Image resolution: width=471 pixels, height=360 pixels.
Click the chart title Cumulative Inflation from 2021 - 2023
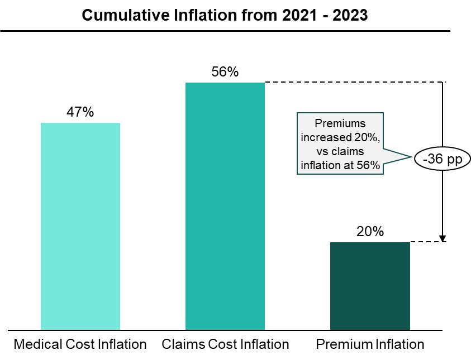[225, 15]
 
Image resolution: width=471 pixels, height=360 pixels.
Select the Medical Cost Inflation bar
[80, 226]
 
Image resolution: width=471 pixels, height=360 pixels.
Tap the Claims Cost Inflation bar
[225, 207]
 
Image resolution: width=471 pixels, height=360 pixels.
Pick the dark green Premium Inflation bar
[370, 286]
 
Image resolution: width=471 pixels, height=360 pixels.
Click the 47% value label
[80, 112]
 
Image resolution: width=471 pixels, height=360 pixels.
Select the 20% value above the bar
[370, 231]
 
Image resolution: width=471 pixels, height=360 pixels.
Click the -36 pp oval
[443, 160]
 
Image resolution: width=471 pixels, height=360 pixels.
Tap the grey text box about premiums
[340, 144]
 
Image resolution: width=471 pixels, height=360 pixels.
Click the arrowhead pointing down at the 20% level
[443, 237]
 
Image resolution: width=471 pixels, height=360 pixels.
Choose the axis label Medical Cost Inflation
[80, 344]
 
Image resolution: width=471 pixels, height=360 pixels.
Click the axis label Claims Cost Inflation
[225, 344]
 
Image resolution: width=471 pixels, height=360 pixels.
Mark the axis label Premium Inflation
[370, 344]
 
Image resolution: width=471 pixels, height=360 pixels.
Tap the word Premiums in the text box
[340, 123]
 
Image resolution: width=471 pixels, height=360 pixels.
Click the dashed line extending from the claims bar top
[352, 83]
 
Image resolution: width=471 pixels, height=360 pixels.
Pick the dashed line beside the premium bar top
[426, 242]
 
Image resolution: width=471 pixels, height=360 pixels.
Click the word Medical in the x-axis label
[34, 344]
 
